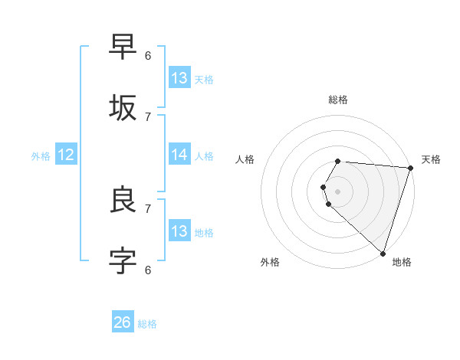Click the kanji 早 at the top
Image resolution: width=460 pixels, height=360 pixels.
click(x=123, y=46)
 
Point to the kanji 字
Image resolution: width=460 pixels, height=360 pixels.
click(x=123, y=260)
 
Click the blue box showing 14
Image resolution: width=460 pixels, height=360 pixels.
click(x=179, y=155)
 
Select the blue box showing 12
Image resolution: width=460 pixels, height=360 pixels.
click(x=66, y=155)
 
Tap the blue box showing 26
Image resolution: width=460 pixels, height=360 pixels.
click(x=123, y=322)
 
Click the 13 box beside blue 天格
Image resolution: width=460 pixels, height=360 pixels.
click(x=179, y=77)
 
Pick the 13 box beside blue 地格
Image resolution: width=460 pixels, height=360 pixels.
click(x=179, y=231)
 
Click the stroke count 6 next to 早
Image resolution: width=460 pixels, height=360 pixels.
click(x=148, y=55)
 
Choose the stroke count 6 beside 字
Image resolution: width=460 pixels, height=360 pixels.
click(x=148, y=269)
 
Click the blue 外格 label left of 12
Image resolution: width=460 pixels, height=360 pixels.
click(x=41, y=156)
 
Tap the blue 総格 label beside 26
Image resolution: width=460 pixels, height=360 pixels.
click(x=147, y=324)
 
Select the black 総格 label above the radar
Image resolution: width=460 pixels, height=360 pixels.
click(x=338, y=100)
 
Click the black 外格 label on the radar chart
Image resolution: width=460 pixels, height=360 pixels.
click(x=271, y=262)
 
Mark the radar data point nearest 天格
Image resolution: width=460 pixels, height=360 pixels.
click(x=409, y=169)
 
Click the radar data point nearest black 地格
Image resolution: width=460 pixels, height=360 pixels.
click(x=383, y=253)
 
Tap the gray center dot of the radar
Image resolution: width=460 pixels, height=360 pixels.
click(x=338, y=191)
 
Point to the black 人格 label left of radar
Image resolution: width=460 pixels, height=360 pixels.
click(x=245, y=159)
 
